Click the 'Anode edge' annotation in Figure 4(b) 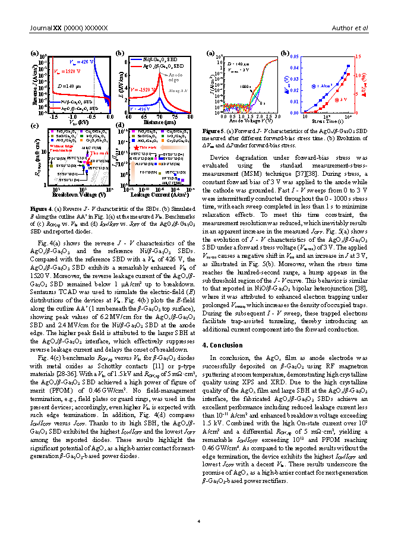click(175, 77)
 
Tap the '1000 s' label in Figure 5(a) click(245, 86)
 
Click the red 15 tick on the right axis click(358, 56)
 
